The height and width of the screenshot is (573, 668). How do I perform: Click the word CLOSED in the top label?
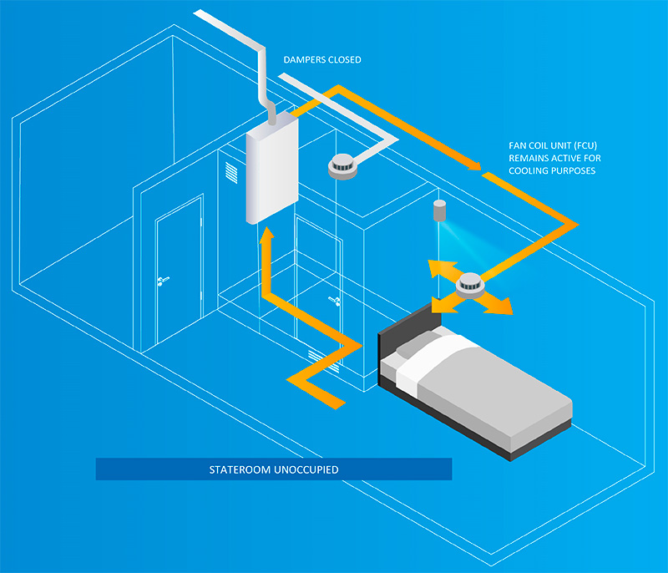tap(342, 60)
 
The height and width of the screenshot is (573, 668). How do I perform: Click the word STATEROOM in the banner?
tap(240, 469)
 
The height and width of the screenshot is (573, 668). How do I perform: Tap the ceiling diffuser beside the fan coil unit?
tap(342, 166)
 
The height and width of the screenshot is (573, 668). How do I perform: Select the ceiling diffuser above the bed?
tap(471, 286)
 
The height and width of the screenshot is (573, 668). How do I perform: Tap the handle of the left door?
tap(163, 281)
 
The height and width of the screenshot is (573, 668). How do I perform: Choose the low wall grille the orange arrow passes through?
tap(326, 363)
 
